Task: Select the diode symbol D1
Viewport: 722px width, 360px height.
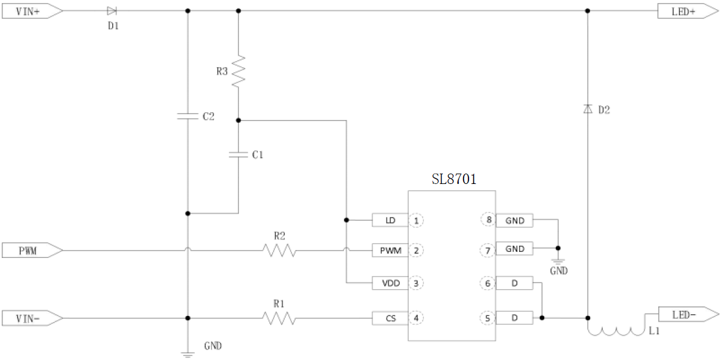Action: tap(111, 11)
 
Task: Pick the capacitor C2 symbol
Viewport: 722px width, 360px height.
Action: tap(188, 116)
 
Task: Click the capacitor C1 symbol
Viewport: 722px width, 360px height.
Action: tap(238, 155)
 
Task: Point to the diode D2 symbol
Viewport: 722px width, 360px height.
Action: tap(588, 109)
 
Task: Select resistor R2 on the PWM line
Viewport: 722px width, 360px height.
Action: tap(279, 250)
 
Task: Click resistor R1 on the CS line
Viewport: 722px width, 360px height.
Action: tap(279, 318)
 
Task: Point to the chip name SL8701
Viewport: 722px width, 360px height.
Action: tap(454, 180)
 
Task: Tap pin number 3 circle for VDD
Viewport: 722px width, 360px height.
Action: tap(417, 283)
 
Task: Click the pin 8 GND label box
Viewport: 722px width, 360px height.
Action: tap(514, 220)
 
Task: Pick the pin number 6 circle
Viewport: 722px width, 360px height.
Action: tap(487, 283)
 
